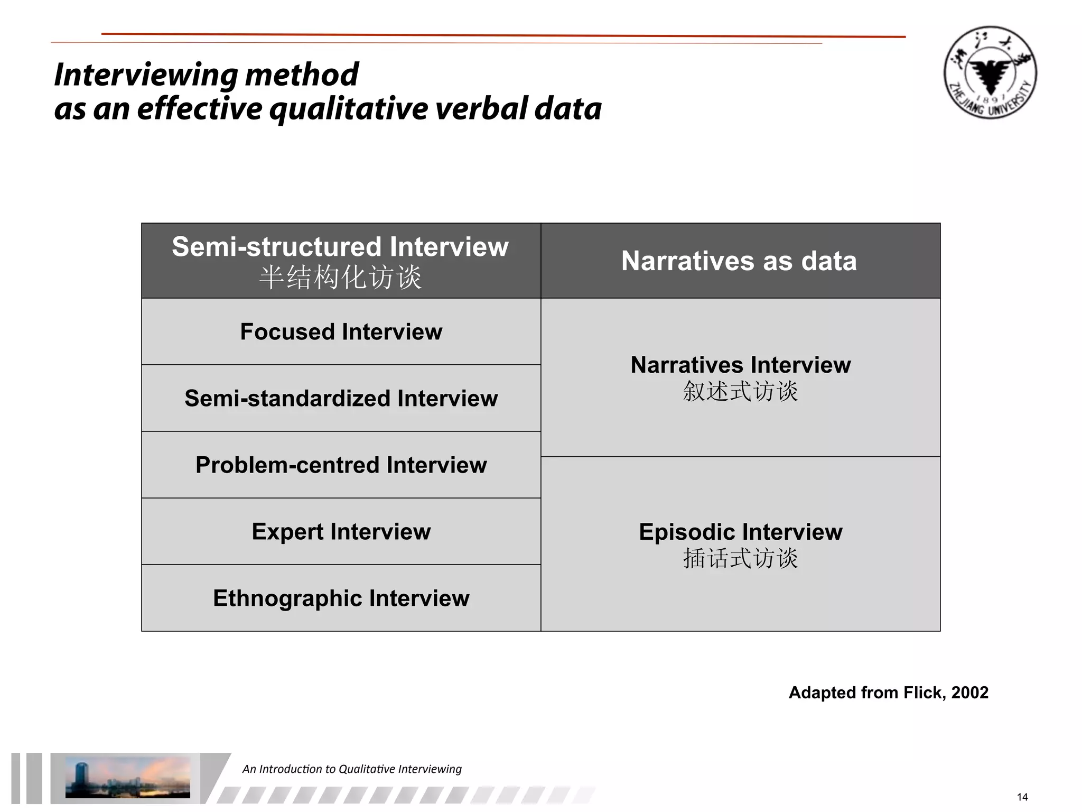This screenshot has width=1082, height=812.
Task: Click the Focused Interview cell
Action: [x=341, y=332]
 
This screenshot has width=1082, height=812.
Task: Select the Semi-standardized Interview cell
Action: [x=341, y=399]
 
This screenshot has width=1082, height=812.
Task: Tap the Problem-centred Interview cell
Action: [x=341, y=465]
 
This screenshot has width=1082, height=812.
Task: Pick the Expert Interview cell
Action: [x=341, y=532]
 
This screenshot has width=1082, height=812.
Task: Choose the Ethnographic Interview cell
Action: [x=341, y=598]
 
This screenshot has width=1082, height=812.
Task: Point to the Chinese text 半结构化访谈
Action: [x=341, y=277]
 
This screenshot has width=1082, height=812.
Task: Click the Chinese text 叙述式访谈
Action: [x=740, y=392]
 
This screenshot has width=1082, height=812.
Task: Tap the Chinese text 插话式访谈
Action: [x=740, y=558]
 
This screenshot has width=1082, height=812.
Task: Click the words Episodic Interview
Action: [x=740, y=532]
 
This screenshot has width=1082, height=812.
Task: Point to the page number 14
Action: [x=1022, y=797]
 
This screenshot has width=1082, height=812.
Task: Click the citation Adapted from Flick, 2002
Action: [x=888, y=693]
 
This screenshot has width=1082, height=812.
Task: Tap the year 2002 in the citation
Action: [x=969, y=693]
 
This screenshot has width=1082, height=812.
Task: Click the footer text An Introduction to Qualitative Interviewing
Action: [x=352, y=769]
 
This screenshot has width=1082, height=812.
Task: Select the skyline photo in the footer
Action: [x=127, y=777]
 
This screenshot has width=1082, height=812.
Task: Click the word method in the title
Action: [x=302, y=75]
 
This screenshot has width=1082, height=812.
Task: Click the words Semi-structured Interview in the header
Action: [x=340, y=247]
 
